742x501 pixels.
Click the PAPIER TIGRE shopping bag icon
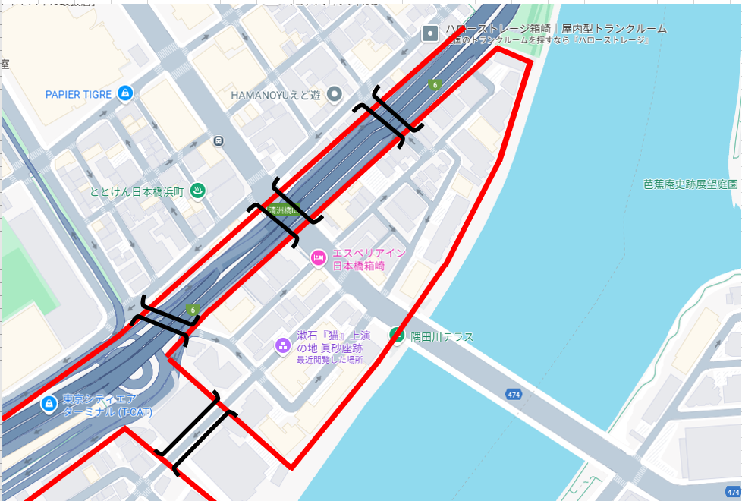[126, 94]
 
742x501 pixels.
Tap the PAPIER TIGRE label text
[78, 94]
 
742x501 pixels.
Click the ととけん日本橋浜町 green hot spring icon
[198, 191]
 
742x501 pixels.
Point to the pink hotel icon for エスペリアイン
[319, 259]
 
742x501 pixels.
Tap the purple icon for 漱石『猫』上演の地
[283, 346]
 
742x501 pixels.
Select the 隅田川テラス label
[442, 336]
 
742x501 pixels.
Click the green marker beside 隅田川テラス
[396, 335]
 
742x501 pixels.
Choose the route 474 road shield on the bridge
[514, 393]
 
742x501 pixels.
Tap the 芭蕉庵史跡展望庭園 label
[690, 184]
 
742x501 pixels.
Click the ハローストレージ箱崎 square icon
[431, 33]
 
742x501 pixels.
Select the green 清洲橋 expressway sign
[285, 210]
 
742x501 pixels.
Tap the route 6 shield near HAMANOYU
[435, 84]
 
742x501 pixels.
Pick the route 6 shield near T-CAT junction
[193, 310]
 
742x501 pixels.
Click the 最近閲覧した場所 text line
[329, 359]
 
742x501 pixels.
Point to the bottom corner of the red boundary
[291, 466]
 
